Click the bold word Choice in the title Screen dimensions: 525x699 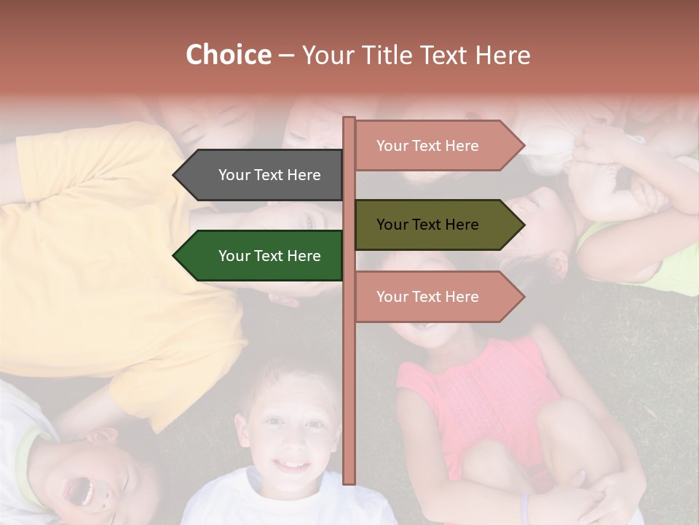(228, 55)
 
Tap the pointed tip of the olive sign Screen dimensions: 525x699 (523, 225)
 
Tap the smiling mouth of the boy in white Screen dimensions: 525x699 (293, 464)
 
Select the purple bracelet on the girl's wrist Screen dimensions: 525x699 (525, 506)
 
